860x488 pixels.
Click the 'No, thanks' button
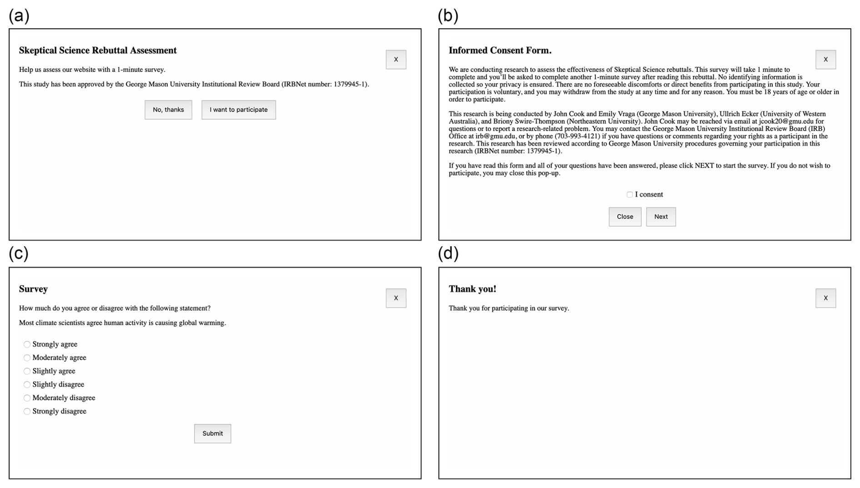[168, 110]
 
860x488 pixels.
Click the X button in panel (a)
[396, 60]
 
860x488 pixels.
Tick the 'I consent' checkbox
[630, 195]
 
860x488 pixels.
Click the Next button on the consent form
[660, 216]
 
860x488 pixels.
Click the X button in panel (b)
[825, 60]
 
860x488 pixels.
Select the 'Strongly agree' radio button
[27, 344]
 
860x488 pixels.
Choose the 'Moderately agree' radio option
[27, 358]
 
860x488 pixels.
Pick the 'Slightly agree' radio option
[27, 371]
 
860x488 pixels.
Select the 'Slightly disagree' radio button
[27, 384]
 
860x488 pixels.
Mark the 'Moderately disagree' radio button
[27, 398]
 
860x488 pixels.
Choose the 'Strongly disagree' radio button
[27, 411]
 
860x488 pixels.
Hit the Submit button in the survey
[212, 433]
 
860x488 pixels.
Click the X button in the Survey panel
[396, 298]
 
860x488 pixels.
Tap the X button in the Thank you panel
[825, 298]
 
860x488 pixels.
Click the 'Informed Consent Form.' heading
[500, 50]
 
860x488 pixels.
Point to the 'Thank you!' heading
[472, 289]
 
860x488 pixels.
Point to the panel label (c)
[19, 253]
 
